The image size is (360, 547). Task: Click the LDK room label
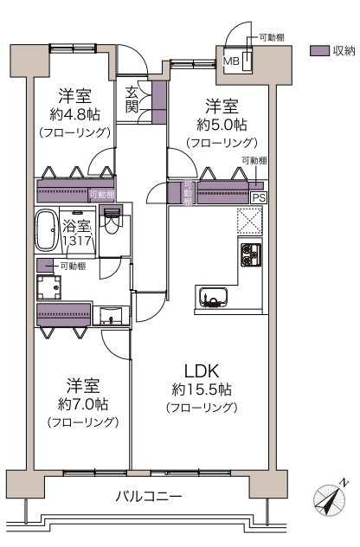[x=202, y=371]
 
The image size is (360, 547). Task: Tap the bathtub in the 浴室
[x=46, y=230]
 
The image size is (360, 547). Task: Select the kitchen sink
[x=213, y=298]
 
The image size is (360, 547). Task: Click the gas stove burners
[x=251, y=254]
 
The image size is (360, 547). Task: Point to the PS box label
[x=259, y=198]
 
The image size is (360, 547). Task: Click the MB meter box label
[x=231, y=61]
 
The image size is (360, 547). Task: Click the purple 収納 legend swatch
[x=319, y=51]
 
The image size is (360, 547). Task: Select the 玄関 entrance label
[x=132, y=100]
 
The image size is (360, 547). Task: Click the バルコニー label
[x=149, y=496]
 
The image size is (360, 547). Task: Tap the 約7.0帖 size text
[x=83, y=404]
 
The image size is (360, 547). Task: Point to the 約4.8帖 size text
[x=74, y=114]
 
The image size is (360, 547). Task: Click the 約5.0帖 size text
[x=222, y=125]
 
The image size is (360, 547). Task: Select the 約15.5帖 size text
[x=202, y=389]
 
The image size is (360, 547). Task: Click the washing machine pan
[x=48, y=287]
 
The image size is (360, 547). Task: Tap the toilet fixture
[x=111, y=220]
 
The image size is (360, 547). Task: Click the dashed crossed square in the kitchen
[x=250, y=222]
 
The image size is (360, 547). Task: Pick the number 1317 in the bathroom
[x=77, y=241]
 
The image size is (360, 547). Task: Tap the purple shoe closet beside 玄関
[x=159, y=102]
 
